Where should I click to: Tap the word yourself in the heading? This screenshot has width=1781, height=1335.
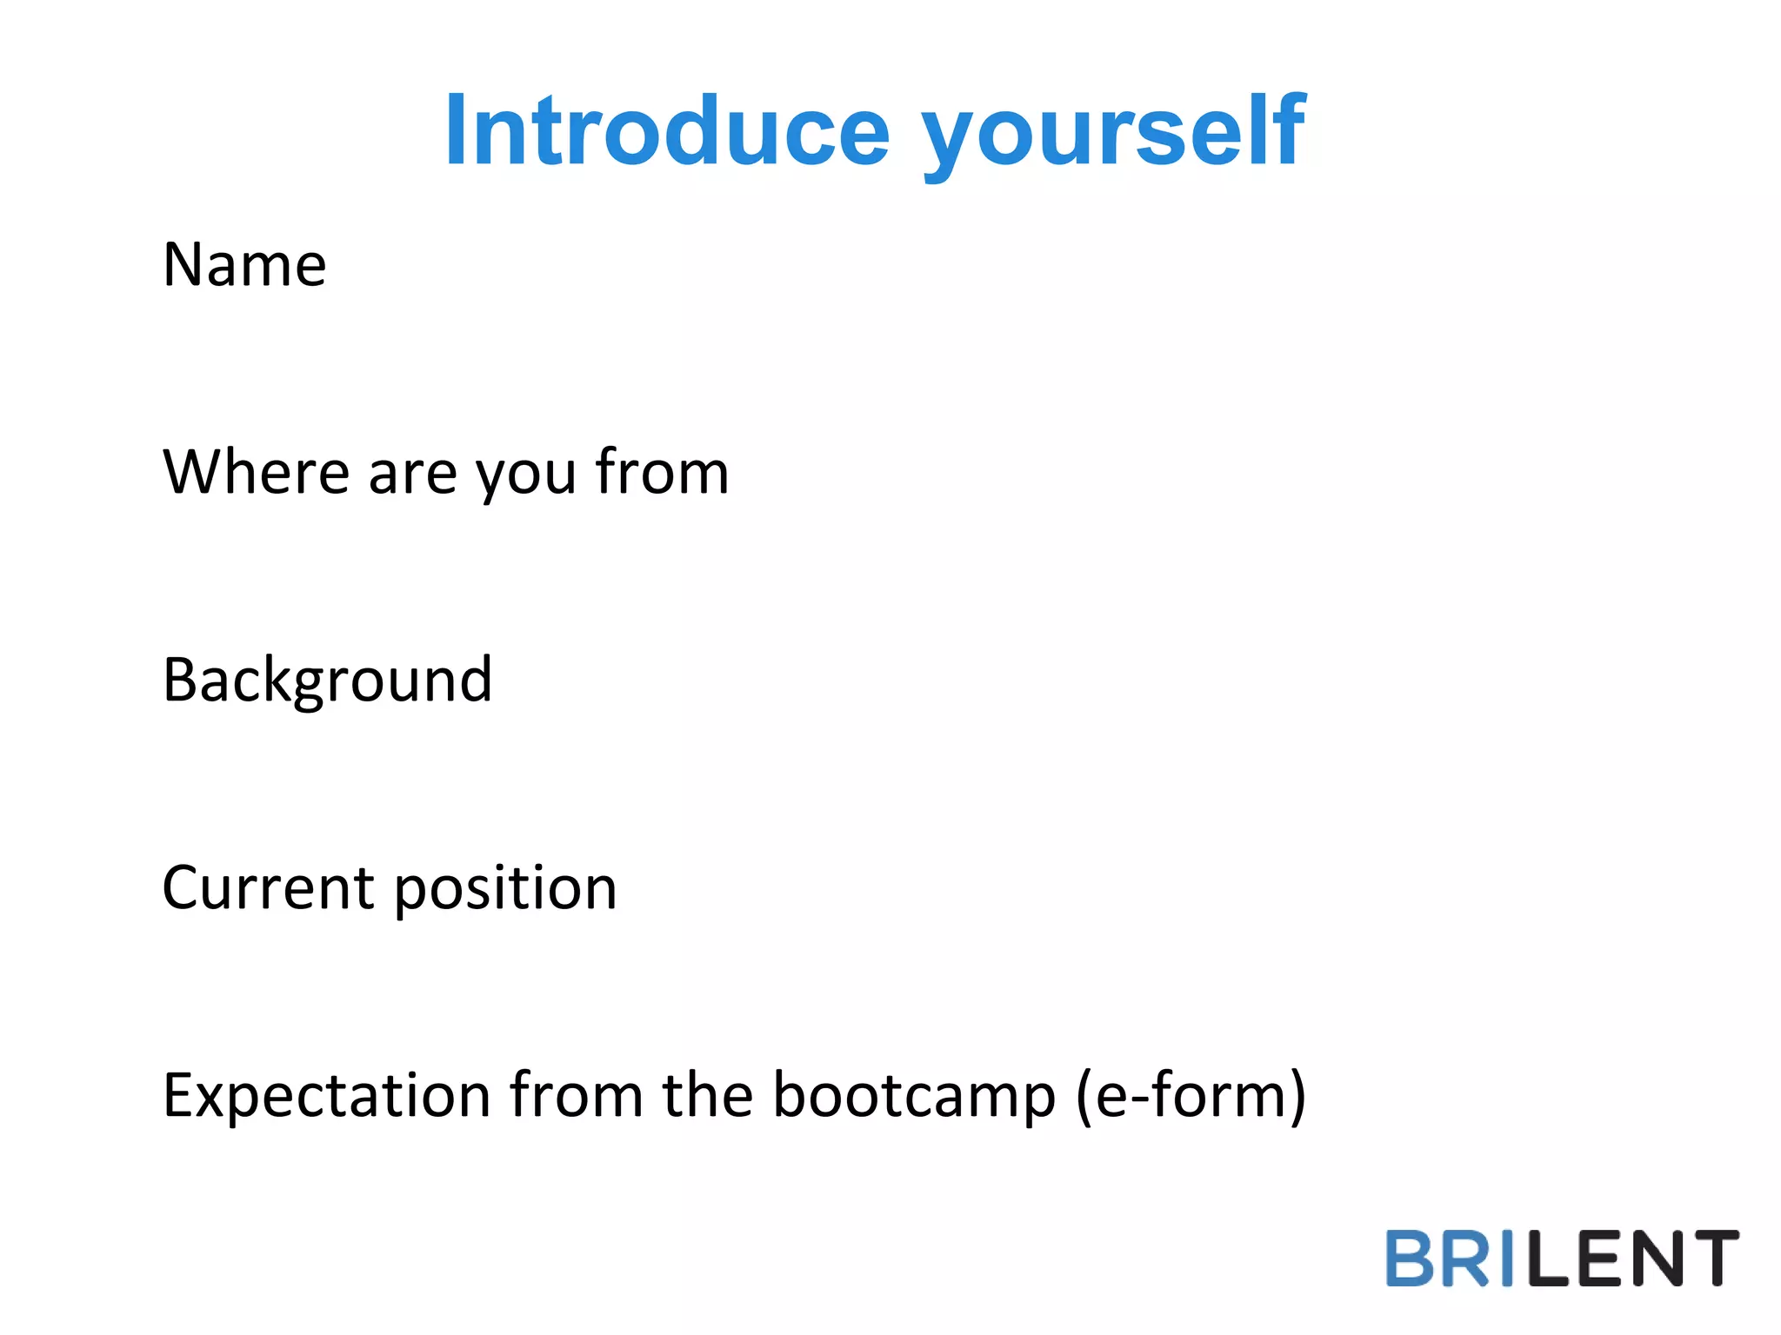[1113, 135]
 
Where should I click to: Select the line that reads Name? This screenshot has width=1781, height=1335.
[244, 264]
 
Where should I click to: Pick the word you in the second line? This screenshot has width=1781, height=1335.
[525, 476]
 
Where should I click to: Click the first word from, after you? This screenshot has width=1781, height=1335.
[662, 472]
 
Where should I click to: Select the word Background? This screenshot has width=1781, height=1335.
[327, 681]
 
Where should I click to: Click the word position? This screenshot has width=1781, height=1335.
[505, 890]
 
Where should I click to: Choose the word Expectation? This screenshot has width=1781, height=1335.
[327, 1096]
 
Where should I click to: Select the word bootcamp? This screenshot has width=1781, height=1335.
[914, 1096]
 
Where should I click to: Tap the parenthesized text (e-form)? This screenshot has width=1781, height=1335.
[1191, 1096]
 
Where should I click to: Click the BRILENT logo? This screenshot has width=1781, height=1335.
[1562, 1258]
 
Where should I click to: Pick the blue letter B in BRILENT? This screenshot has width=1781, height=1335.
[1409, 1258]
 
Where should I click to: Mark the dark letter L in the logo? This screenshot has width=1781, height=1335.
[1549, 1258]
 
